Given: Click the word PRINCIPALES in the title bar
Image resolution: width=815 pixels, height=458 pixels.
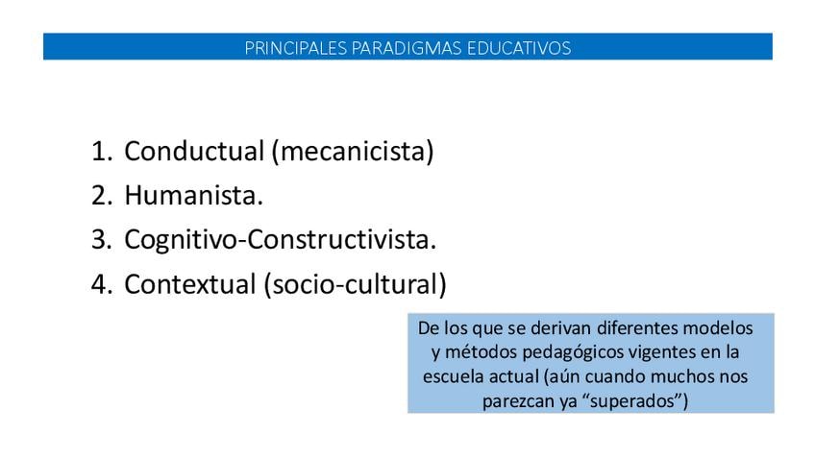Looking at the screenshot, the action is coord(296,48).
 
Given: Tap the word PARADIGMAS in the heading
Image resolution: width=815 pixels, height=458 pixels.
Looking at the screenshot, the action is coord(407,48).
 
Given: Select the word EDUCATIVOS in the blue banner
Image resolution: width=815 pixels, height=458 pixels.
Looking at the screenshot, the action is coord(519,48).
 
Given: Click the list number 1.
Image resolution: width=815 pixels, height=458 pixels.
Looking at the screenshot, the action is coord(101,151).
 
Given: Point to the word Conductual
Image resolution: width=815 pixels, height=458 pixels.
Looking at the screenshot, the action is coord(194,151).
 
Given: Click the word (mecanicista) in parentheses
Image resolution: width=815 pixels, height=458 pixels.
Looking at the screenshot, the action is coord(353,152).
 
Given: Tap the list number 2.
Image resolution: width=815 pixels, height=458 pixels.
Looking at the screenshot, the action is coord(101,196).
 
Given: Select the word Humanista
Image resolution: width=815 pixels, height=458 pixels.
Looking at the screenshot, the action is coord(193,196).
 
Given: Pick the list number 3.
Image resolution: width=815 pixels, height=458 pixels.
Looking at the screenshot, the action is coord(101,240).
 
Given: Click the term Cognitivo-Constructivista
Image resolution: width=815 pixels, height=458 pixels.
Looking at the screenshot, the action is coord(281,240).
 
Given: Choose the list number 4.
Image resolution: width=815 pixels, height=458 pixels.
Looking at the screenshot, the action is coord(101,284).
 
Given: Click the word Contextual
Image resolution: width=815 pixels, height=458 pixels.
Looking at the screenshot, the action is coord(190,284).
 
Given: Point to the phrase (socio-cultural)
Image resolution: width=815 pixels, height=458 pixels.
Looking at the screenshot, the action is coord(355,284).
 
